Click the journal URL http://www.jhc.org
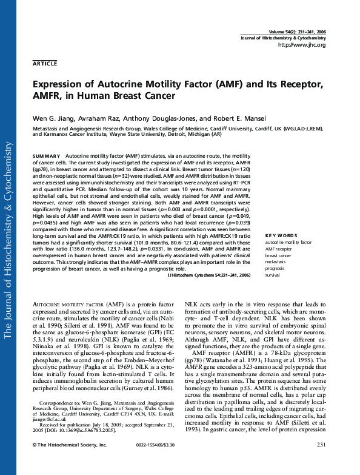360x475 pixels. tap(301, 45)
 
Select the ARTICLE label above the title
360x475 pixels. tap(45, 63)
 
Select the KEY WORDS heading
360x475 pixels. tap(281, 235)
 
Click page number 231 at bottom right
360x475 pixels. tap(321, 463)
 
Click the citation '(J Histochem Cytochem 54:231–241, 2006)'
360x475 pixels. tap(208, 275)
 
